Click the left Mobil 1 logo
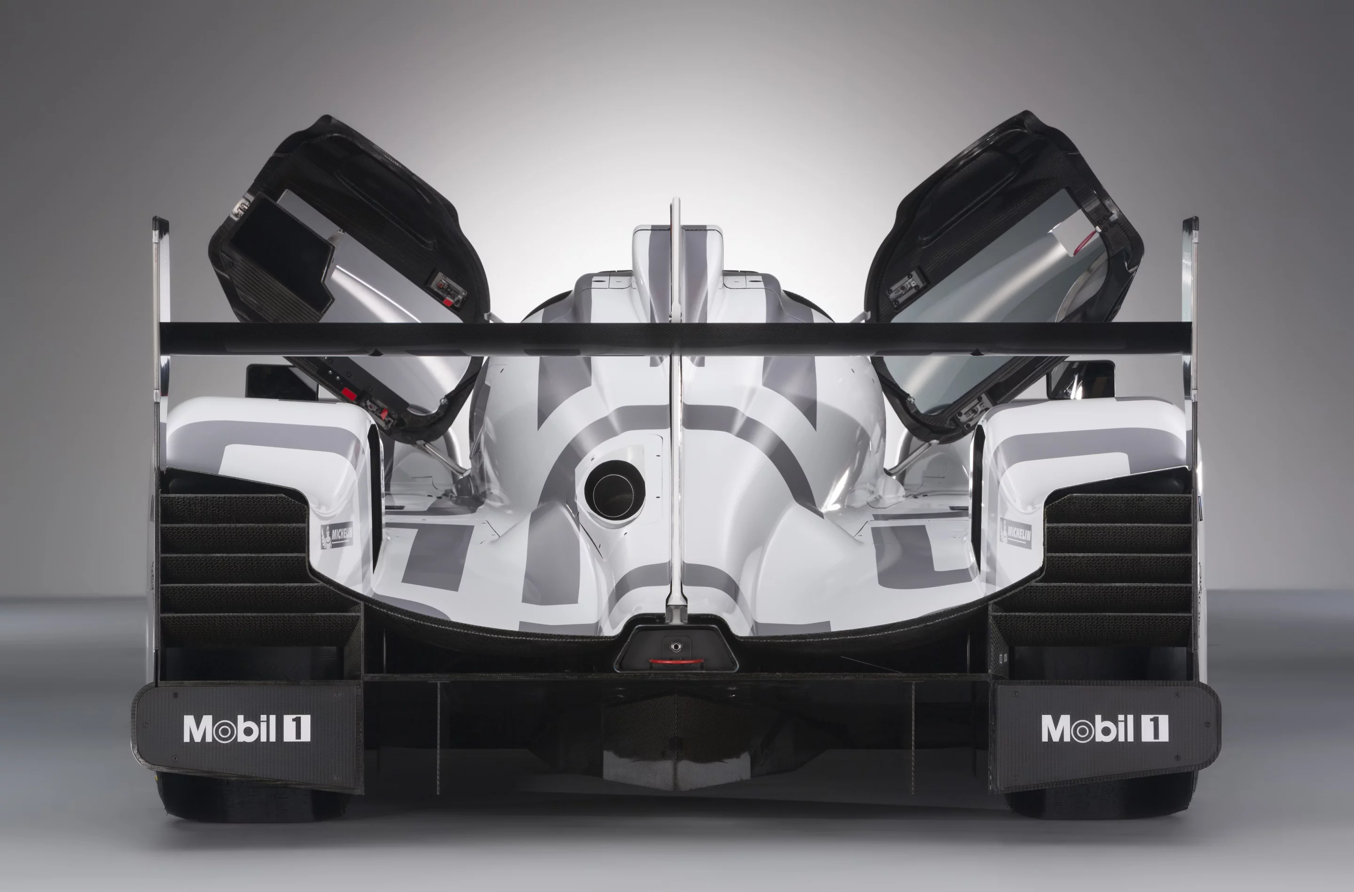pyautogui.click(x=246, y=728)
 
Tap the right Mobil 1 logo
pyautogui.click(x=1105, y=728)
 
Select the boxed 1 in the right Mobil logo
pyautogui.click(x=1156, y=728)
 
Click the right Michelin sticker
pyautogui.click(x=1015, y=534)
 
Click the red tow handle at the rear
pyautogui.click(x=675, y=662)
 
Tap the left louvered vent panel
pyautogui.click(x=239, y=569)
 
